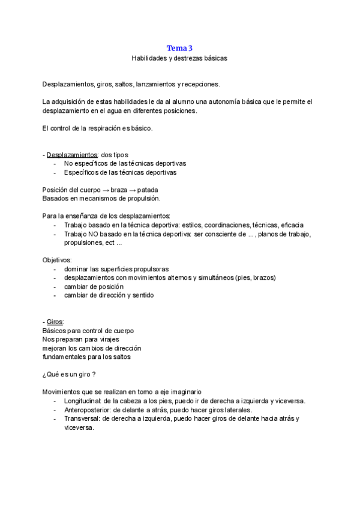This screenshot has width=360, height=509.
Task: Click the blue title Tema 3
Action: click(x=179, y=48)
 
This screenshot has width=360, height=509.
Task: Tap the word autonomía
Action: click(x=220, y=102)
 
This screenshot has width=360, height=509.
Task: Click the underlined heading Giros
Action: click(x=55, y=322)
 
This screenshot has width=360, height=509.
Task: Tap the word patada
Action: click(x=148, y=190)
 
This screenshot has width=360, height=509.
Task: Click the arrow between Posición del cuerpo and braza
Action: click(x=104, y=190)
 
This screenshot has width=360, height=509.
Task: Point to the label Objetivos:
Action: click(x=57, y=260)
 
